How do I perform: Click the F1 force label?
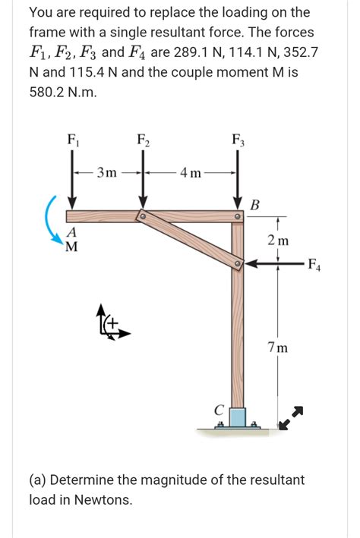pyautogui.click(x=73, y=140)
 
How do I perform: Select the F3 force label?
pyautogui.click(x=238, y=140)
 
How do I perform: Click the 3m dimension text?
pyautogui.click(x=106, y=172)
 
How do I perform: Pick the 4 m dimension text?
pyautogui.click(x=191, y=172)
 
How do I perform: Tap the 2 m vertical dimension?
pyautogui.click(x=278, y=241)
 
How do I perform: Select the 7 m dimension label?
pyautogui.click(x=277, y=348)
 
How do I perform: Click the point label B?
pyautogui.click(x=254, y=205)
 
